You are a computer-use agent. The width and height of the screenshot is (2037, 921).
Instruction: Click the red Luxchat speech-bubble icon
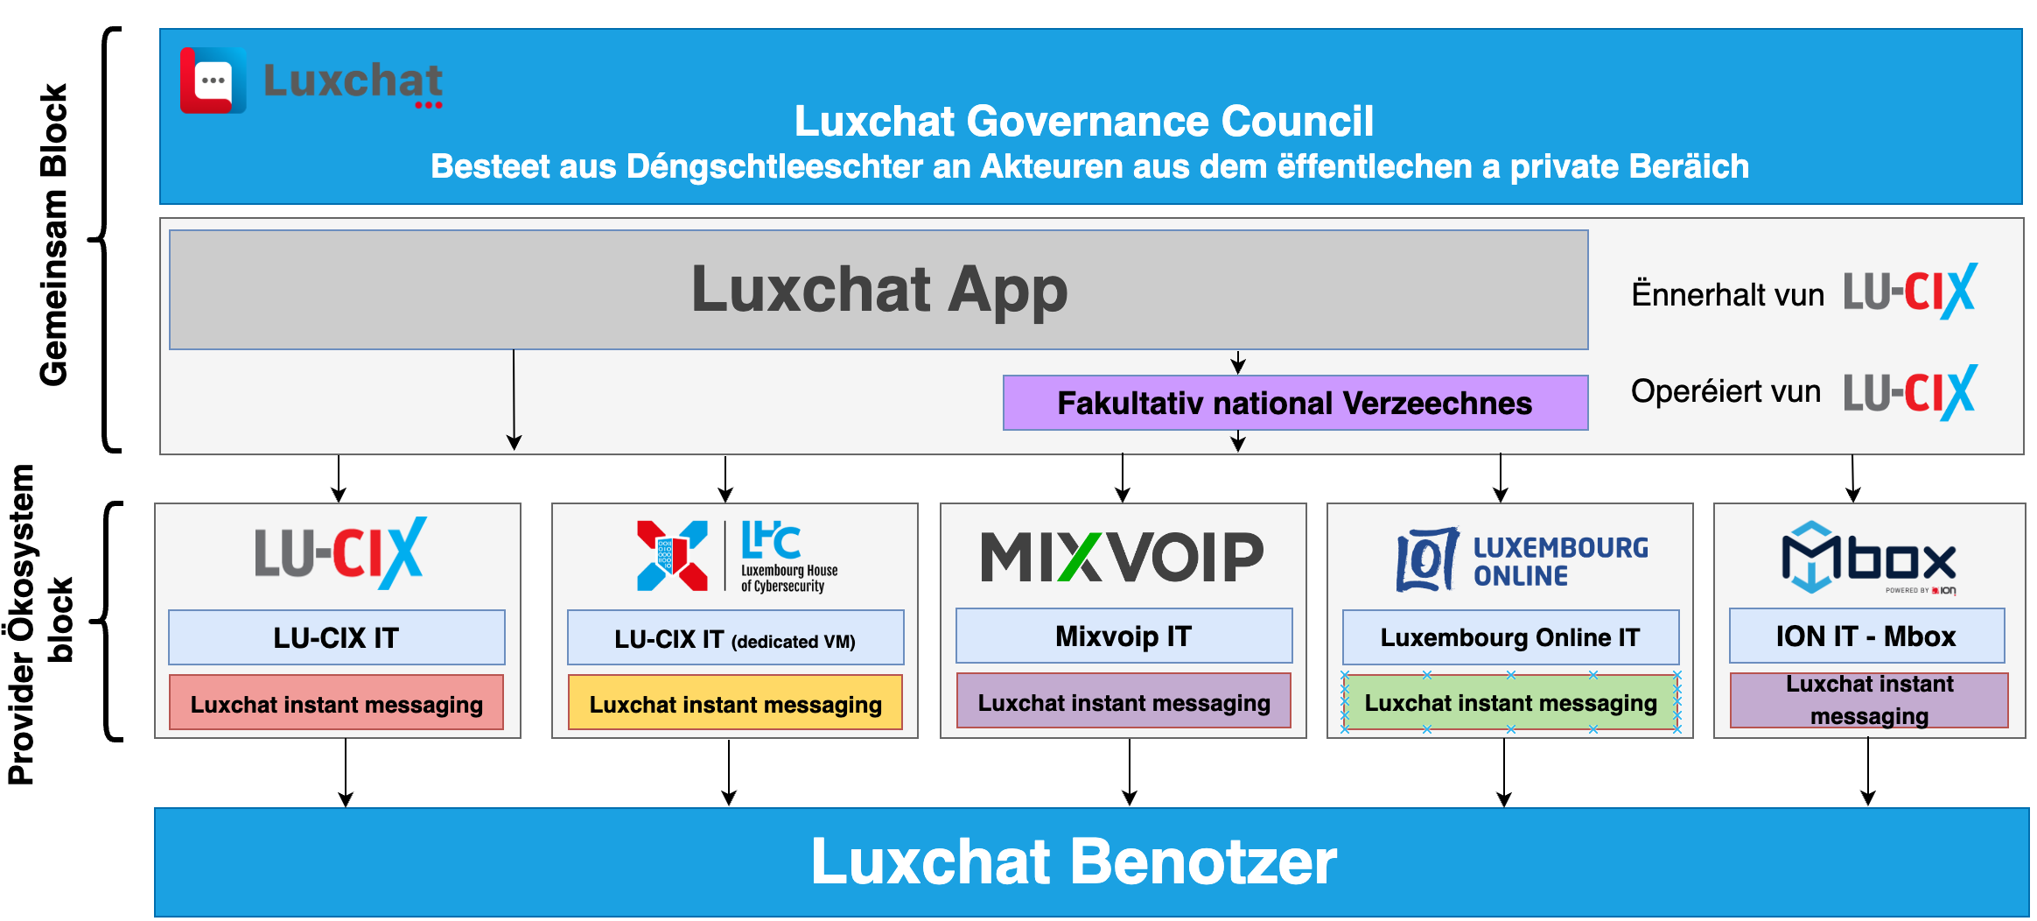pos(213,81)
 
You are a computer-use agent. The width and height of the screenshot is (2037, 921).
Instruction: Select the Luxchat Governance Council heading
pos(1083,121)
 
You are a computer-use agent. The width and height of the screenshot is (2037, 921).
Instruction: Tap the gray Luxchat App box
pos(878,290)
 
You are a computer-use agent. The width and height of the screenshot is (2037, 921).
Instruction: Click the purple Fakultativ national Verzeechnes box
pos(1295,403)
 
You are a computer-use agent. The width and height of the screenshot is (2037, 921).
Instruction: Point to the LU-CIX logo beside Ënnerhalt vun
pos(1910,292)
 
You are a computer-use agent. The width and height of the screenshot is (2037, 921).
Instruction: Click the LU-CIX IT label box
pos(337,637)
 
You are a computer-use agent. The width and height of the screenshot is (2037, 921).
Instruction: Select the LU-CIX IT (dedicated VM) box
pos(735,638)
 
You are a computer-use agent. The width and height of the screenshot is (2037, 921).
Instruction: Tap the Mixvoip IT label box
pos(1123,636)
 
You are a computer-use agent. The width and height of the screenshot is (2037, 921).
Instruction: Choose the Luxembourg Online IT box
pos(1510,636)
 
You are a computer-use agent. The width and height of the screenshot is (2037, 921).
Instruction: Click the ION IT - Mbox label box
pos(1866,636)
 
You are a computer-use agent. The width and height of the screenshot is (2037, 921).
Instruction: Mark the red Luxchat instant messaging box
pos(336,702)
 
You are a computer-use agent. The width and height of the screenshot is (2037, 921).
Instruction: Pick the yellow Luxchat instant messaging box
pos(735,702)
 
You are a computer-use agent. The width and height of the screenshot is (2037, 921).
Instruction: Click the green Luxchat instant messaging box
pos(1510,702)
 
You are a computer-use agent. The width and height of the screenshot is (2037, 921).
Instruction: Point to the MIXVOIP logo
pos(1123,557)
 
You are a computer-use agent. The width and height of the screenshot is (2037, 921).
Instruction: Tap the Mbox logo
pos(1869,558)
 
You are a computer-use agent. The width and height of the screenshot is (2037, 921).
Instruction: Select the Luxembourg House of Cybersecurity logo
pos(737,556)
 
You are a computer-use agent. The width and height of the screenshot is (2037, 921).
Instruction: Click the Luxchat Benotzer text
pos(1074,861)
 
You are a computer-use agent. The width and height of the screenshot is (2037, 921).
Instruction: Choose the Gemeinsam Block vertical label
pos(54,235)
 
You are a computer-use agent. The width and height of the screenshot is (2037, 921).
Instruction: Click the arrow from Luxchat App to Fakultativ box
pos(1238,362)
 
